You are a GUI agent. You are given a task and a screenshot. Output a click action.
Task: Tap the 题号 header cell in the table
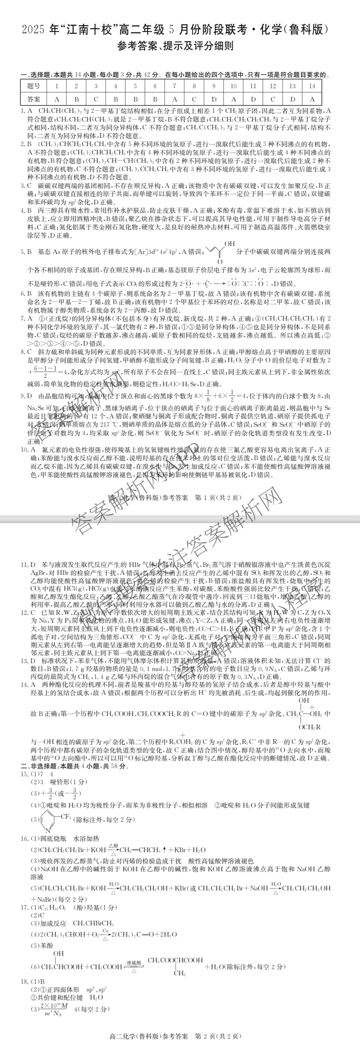[34, 86]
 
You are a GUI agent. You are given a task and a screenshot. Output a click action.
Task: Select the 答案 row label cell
[34, 99]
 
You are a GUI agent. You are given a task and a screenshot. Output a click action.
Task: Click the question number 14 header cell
[312, 86]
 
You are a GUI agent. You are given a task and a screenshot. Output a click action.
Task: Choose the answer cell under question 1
[57, 99]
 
